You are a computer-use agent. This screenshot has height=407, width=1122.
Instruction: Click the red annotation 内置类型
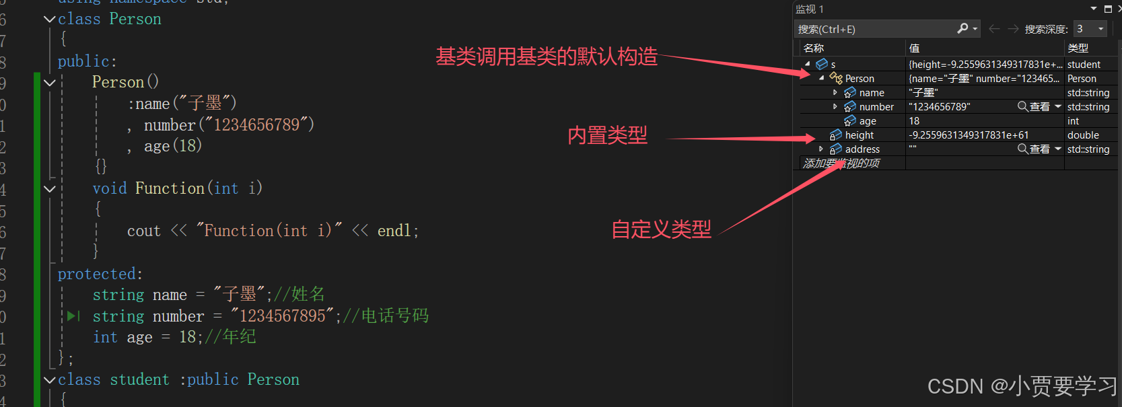click(607, 136)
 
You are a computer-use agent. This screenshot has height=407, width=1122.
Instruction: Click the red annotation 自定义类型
click(661, 229)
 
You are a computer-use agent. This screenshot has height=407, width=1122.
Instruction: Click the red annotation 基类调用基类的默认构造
click(546, 57)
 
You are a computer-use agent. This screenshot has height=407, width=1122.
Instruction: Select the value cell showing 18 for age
click(914, 121)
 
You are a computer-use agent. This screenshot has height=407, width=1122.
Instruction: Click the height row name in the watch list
click(859, 135)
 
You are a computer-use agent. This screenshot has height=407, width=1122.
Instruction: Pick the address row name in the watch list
click(862, 149)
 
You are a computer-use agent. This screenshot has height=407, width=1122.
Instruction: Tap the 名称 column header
click(814, 48)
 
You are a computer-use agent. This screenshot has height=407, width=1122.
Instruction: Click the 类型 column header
click(1078, 48)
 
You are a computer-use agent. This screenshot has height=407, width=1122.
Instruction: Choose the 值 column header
click(914, 48)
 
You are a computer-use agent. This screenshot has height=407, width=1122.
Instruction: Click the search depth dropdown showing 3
click(1090, 29)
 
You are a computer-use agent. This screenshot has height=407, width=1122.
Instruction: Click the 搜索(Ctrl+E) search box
click(875, 29)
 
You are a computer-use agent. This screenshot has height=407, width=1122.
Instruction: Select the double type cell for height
click(1083, 135)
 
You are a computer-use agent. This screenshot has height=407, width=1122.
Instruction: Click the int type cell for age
click(1073, 121)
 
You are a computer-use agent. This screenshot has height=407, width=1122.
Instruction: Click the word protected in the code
click(99, 274)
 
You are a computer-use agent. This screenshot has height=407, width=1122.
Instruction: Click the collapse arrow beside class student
click(49, 380)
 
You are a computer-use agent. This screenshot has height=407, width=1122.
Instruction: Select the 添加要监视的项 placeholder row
click(841, 163)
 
